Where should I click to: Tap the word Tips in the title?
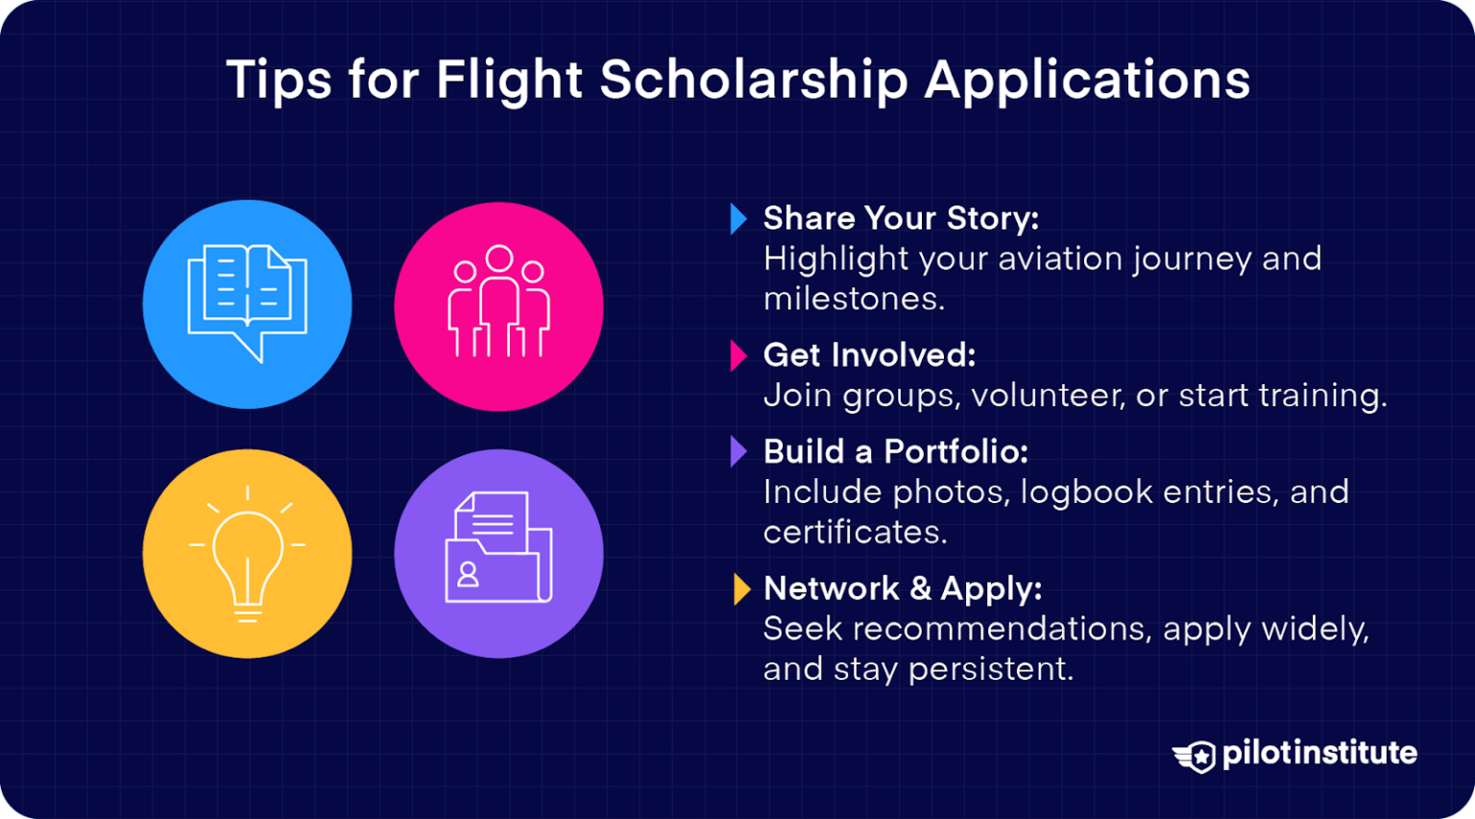[x=278, y=80]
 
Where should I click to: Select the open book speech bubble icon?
[x=247, y=303]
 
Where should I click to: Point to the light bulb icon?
[x=247, y=554]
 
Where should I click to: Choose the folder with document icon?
[x=498, y=549]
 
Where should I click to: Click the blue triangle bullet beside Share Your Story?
[x=737, y=219]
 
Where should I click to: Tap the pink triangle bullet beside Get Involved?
[x=737, y=356]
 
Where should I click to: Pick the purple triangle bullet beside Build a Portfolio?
[x=737, y=451]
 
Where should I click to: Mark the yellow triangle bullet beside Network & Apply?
[x=740, y=589]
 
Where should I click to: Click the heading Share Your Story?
[x=901, y=219]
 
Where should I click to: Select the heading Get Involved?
[x=869, y=355]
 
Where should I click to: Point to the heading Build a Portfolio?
[x=895, y=451]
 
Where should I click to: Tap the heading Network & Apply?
[x=902, y=589]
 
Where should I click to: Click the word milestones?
[x=853, y=299]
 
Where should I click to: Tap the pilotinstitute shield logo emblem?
[x=1196, y=756]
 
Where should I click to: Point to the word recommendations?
[x=1000, y=629]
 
